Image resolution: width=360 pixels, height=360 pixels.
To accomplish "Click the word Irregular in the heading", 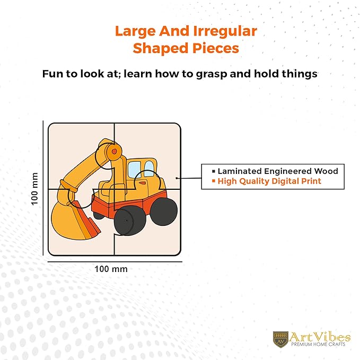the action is [225, 31].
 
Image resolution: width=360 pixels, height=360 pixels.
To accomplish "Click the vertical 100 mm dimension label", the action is [34, 189].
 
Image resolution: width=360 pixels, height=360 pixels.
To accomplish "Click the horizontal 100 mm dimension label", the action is [111, 269].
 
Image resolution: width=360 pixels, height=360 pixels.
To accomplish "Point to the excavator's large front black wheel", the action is [130, 221].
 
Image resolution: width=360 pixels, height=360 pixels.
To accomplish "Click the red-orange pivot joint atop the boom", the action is [114, 151].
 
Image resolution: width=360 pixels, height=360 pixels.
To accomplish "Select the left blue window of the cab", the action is [134, 170].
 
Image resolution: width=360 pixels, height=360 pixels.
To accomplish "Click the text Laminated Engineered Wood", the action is [278, 171].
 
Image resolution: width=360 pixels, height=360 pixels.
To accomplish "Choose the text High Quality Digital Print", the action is [269, 181].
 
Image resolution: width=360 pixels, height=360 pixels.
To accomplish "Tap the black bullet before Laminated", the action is [214, 171].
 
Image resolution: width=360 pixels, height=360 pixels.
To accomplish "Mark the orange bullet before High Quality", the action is [214, 181].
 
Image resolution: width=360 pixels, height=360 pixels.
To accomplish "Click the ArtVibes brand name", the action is [320, 337].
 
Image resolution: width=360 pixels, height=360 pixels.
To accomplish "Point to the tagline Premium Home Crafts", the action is [318, 344].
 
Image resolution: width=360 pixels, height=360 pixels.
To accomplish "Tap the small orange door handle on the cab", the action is [142, 183].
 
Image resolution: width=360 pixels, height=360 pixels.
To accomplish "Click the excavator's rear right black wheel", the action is [163, 211].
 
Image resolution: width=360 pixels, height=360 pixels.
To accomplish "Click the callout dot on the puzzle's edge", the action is [177, 178].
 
